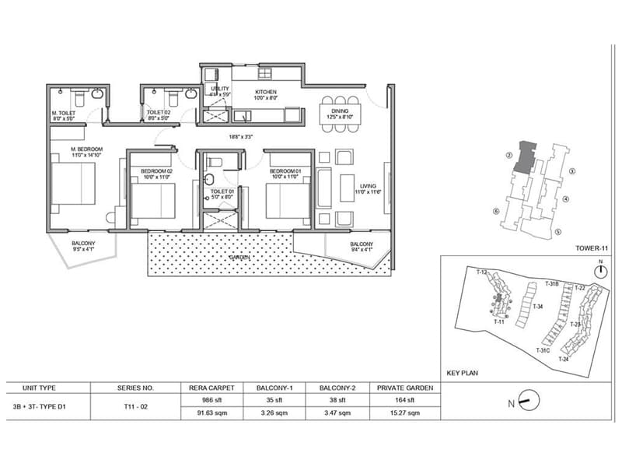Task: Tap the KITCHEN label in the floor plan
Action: click(266, 93)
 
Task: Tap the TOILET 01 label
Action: click(222, 191)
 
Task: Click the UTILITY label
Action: click(220, 90)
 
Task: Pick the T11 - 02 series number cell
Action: click(136, 406)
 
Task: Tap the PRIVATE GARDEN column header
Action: click(406, 386)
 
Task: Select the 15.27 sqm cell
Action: click(406, 413)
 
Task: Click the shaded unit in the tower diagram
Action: click(527, 155)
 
